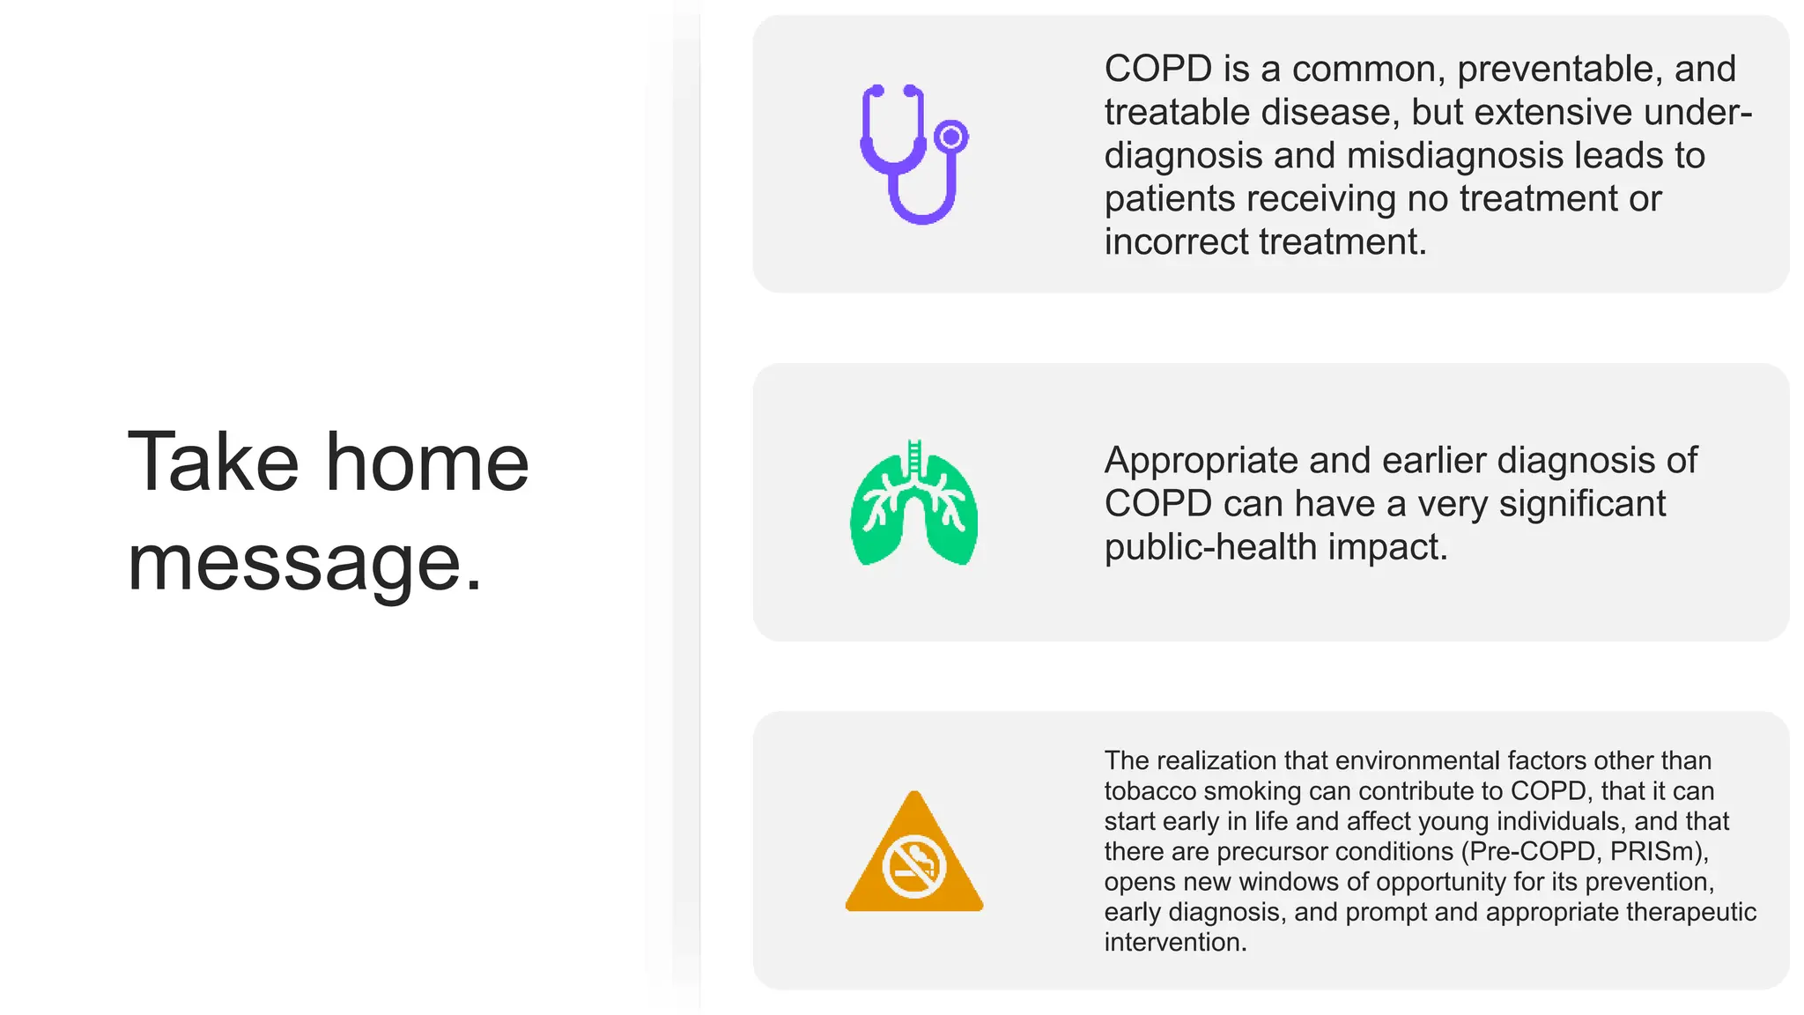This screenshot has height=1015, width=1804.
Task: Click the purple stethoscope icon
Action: (913, 154)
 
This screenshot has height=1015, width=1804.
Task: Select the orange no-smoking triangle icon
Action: (913, 855)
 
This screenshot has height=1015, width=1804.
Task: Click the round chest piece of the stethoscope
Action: (950, 137)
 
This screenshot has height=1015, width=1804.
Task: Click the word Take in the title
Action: (214, 462)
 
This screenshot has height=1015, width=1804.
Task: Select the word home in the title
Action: (427, 462)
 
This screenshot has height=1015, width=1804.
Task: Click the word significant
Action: (1582, 504)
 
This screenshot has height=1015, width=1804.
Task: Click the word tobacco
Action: (1150, 791)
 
